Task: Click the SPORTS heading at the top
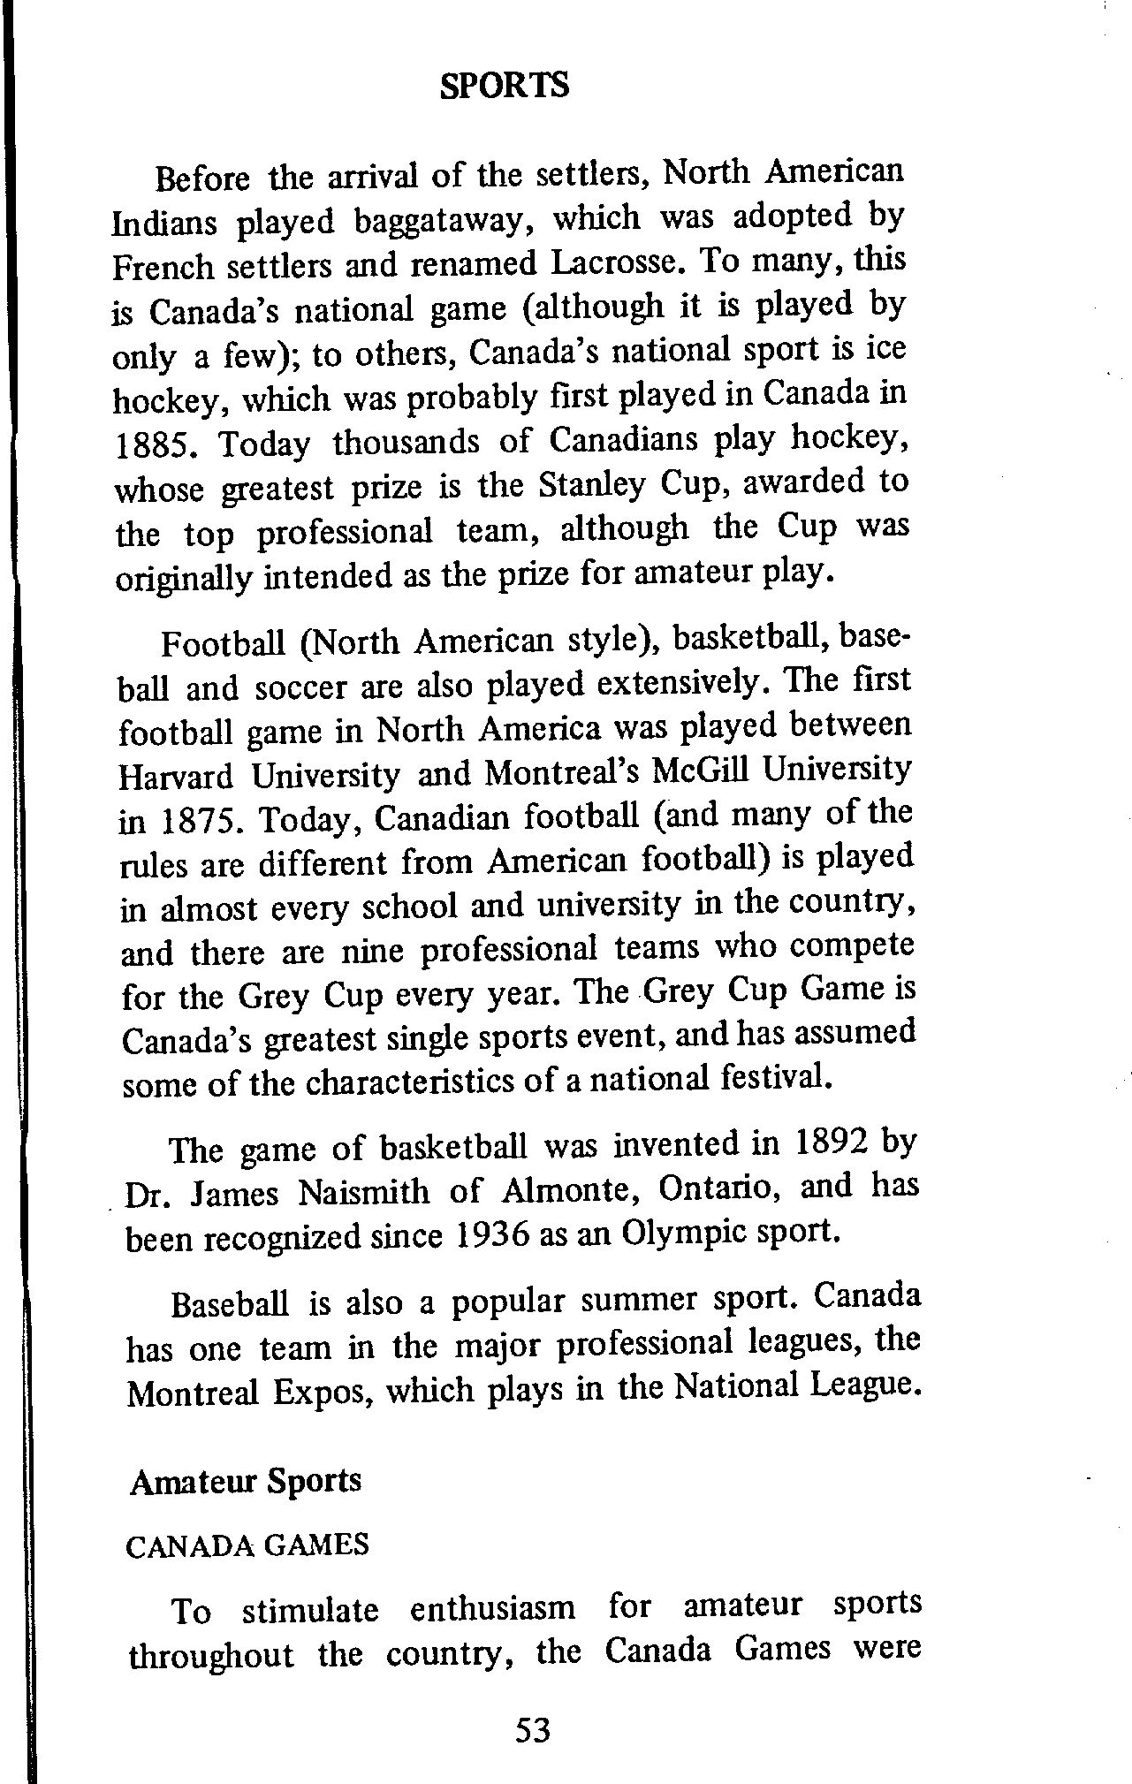[x=505, y=86]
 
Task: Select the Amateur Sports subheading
[x=246, y=1480]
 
